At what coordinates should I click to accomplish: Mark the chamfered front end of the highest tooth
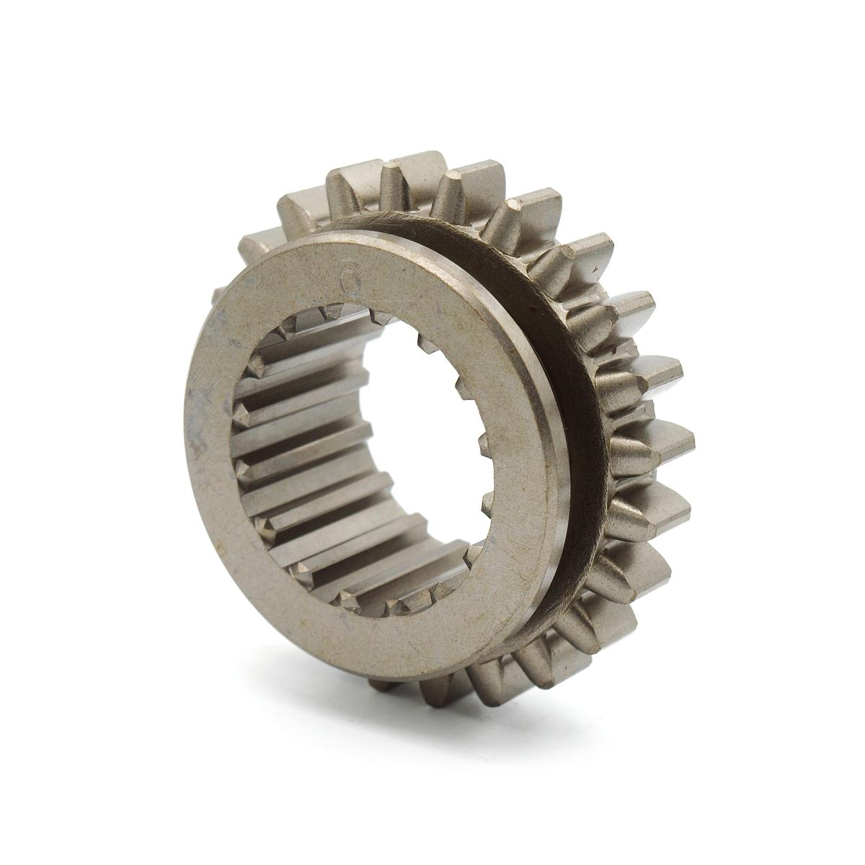389,177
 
